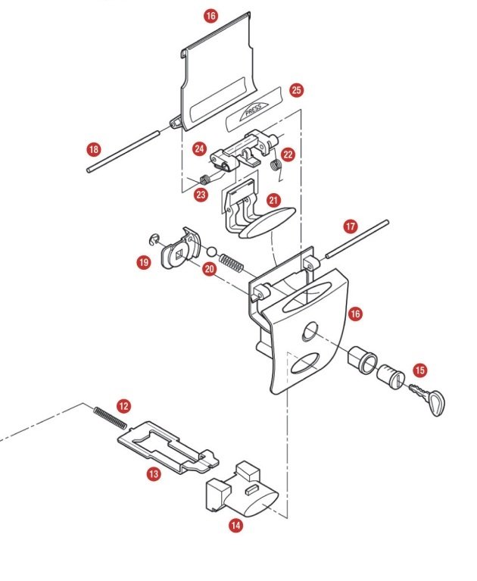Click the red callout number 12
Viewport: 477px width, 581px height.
click(x=123, y=405)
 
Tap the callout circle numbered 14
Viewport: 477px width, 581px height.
click(x=236, y=523)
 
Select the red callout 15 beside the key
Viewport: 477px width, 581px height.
click(x=419, y=370)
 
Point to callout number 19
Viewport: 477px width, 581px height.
click(x=143, y=262)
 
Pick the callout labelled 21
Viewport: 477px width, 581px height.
click(x=273, y=201)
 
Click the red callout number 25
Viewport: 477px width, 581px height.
click(x=296, y=90)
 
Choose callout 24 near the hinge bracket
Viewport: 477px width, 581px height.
click(x=199, y=148)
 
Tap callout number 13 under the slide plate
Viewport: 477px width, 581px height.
click(x=154, y=473)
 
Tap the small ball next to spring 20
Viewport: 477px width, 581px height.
click(x=212, y=254)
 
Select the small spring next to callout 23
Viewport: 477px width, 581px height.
click(x=204, y=180)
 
